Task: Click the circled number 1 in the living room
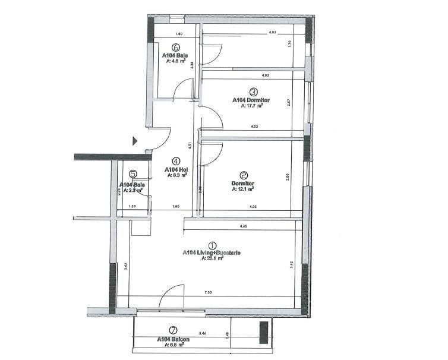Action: pyautogui.click(x=212, y=245)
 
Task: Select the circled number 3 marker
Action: pyautogui.click(x=253, y=92)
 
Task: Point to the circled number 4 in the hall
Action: pyautogui.click(x=176, y=160)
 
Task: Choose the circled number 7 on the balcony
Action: pyautogui.click(x=173, y=330)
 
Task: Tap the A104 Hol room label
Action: pyautogui.click(x=176, y=169)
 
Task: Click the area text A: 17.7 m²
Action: pyautogui.click(x=252, y=107)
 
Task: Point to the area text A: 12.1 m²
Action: pyautogui.click(x=242, y=190)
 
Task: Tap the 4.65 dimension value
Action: pyautogui.click(x=244, y=227)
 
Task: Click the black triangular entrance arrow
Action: pyautogui.click(x=135, y=141)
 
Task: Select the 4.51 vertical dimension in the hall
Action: pyautogui.click(x=190, y=144)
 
